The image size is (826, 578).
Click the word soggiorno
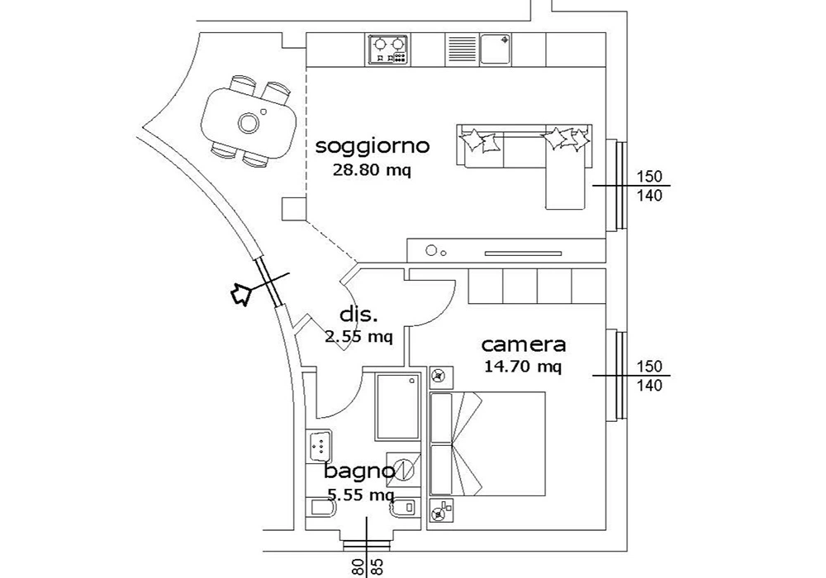pos(373,146)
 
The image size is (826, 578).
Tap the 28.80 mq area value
pos(372,170)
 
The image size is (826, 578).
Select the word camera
pos(524,345)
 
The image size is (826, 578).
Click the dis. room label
pos(358,315)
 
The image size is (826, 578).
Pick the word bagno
pos(359,471)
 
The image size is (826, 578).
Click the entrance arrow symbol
pos(241,292)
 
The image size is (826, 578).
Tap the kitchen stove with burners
pos(387,50)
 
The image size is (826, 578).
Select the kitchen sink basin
pos(495,50)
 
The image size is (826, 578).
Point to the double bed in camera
pos(487,443)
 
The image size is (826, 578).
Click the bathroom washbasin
pos(319,447)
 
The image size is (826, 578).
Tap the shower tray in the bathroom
pos(399,406)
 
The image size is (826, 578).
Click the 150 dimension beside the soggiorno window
pos(649,177)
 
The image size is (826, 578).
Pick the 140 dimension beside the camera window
pos(649,386)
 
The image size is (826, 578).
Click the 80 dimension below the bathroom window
pos(358,567)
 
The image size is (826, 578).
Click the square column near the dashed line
pos(293,208)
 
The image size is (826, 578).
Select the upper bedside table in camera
pos(441,377)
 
